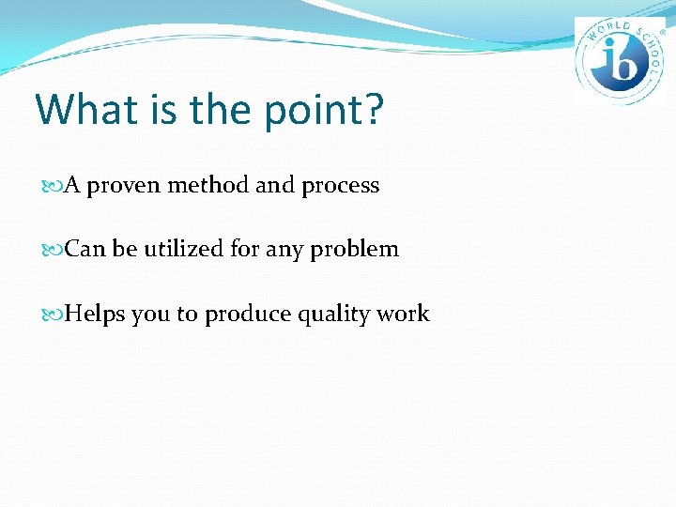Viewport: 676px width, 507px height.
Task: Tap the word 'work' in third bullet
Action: point(404,315)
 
